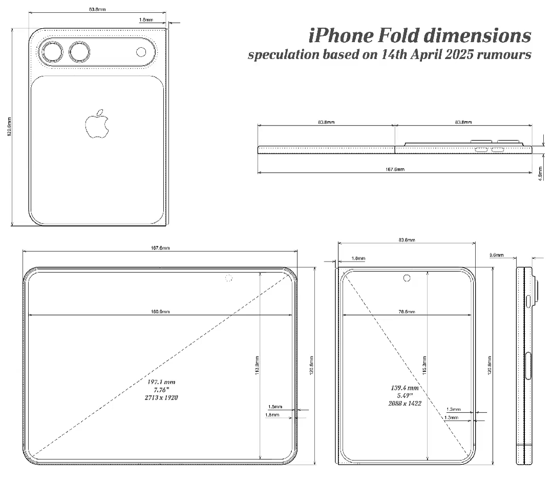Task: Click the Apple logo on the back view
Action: pos(97,124)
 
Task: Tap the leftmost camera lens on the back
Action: pos(52,52)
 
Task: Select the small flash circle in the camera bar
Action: pos(141,52)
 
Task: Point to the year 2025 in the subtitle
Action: pos(442,55)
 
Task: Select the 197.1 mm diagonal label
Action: pos(161,382)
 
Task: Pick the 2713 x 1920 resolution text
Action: pos(161,397)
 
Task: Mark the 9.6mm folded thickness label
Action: pos(497,255)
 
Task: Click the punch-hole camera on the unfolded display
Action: pos(228,278)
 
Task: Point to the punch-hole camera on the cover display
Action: pos(407,278)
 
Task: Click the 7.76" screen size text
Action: pos(161,390)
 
